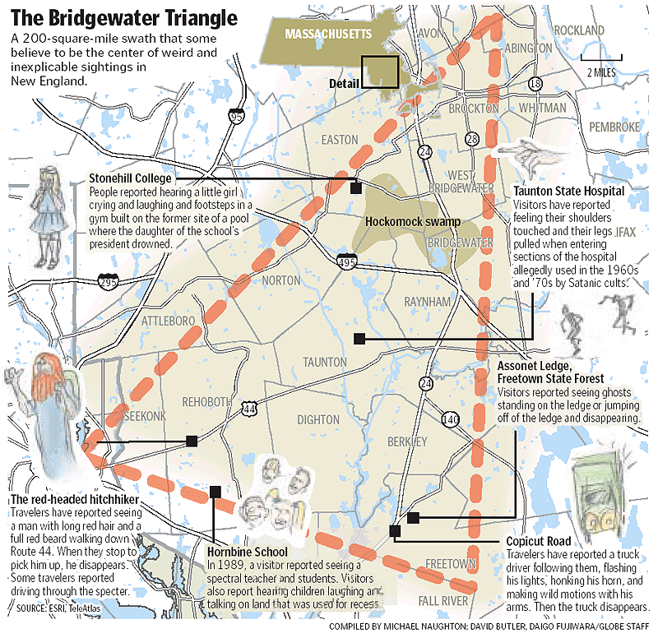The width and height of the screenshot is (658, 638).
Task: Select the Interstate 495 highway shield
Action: tap(346, 259)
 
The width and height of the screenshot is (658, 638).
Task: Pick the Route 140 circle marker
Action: tap(449, 419)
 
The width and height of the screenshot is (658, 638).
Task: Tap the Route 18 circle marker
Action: tap(536, 84)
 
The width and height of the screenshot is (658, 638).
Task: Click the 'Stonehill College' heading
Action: tap(130, 178)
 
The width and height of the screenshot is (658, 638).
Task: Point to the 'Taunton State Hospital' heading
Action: tap(568, 191)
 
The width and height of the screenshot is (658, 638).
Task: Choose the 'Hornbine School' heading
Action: tap(248, 552)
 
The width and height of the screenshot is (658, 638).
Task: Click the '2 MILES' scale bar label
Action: tap(603, 72)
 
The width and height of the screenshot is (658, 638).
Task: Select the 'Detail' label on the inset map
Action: tap(345, 84)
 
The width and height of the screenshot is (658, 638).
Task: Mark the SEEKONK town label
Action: tap(145, 416)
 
